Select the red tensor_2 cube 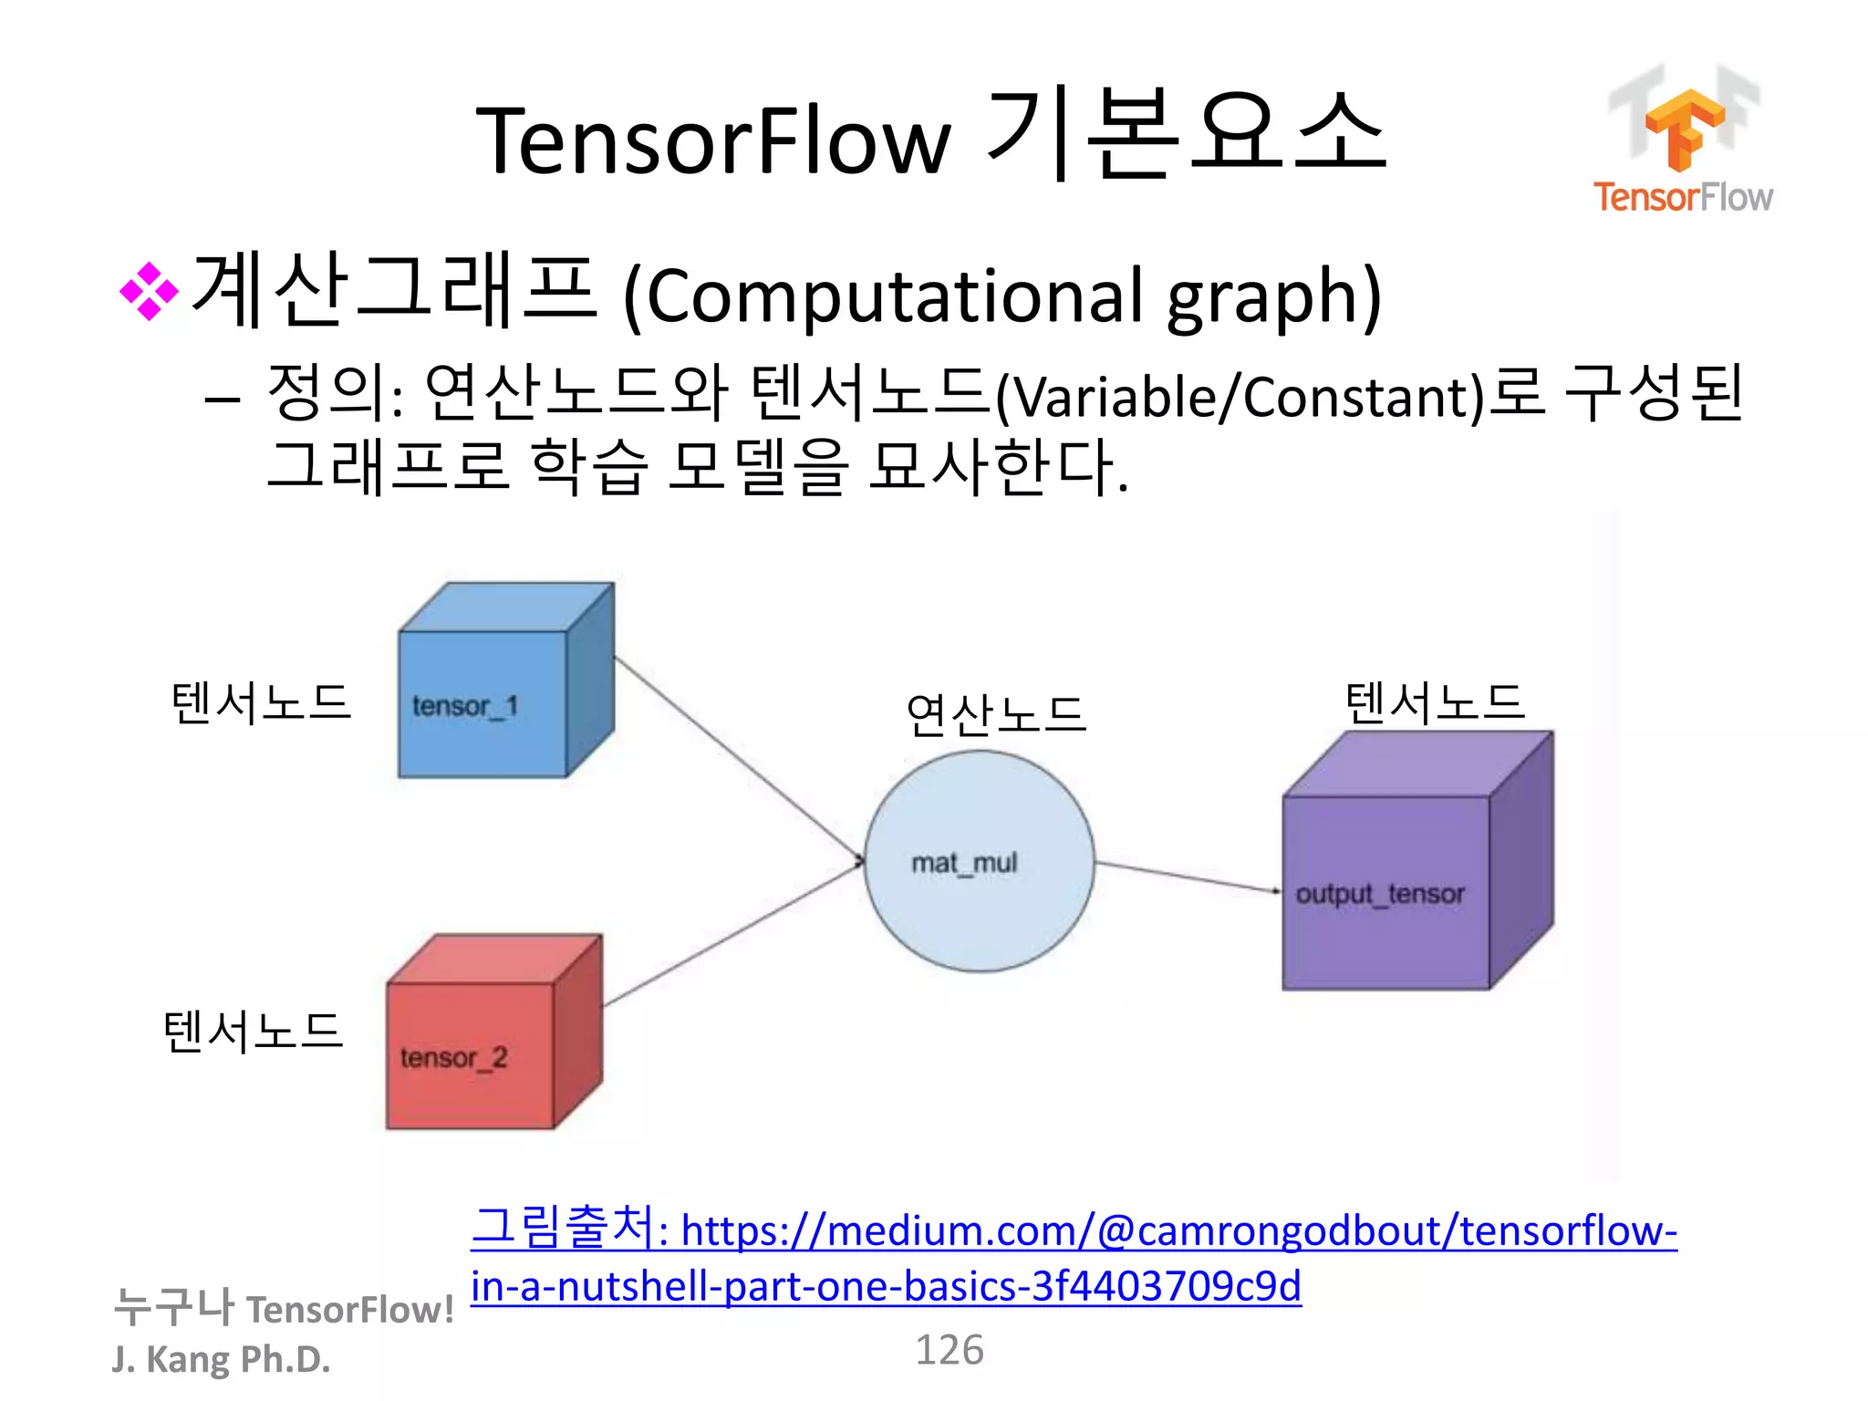[x=483, y=1040]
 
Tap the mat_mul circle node [x=979, y=862]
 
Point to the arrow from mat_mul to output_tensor [x=1186, y=877]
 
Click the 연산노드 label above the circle [x=995, y=715]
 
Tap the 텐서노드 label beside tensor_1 [x=261, y=703]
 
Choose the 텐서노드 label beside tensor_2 [x=253, y=1033]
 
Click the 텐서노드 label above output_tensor [x=1435, y=703]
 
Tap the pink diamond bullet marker [x=149, y=292]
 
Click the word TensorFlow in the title [x=713, y=141]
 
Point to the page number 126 [x=949, y=1350]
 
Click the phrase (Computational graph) [x=1001, y=296]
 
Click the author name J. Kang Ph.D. [x=221, y=1359]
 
